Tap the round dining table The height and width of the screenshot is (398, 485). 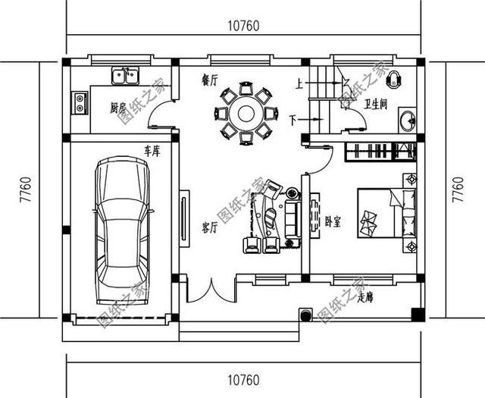click(x=245, y=115)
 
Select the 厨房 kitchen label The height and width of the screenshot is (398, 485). click(x=117, y=108)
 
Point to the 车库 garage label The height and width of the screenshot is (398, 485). click(x=152, y=152)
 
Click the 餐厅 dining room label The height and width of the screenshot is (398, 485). click(x=210, y=78)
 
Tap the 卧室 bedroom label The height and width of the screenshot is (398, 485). click(x=332, y=221)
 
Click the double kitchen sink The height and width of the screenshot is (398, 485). click(x=126, y=76)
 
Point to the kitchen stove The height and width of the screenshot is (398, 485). click(x=79, y=102)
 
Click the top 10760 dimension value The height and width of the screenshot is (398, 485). click(x=244, y=25)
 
